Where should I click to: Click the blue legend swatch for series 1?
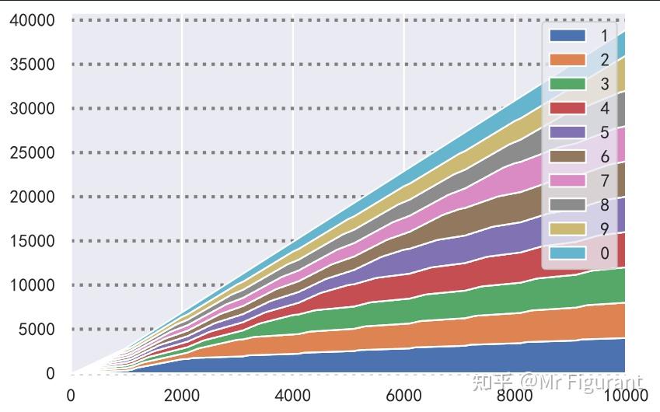567,36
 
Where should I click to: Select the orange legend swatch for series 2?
567,60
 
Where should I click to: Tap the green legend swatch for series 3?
567,84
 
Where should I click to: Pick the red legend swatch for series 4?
567,108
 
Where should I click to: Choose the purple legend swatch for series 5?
567,132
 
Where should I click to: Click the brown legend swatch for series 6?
567,156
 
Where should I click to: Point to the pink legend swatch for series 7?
567,180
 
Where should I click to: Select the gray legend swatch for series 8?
567,204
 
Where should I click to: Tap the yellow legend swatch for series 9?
567,229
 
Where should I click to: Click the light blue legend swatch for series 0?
567,253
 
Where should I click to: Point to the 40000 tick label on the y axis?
32,20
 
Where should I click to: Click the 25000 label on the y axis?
32,153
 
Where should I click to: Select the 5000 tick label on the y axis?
37,330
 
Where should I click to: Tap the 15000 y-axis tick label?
32,241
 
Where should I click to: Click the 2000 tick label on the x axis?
182,396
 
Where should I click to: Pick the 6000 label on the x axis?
403,396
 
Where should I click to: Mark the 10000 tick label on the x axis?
625,396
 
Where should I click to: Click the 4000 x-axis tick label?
293,396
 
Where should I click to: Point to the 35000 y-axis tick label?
32,65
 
